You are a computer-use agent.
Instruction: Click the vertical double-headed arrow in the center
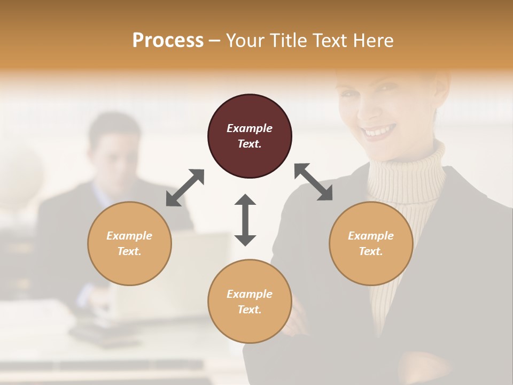245,220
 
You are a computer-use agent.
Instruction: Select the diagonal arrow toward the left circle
185,188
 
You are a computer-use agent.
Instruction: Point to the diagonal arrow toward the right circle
314,182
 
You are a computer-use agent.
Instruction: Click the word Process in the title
168,41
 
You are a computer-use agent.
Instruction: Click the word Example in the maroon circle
250,128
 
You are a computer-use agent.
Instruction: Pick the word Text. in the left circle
129,251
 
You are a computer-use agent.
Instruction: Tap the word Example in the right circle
371,236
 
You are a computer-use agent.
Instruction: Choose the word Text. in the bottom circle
250,310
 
